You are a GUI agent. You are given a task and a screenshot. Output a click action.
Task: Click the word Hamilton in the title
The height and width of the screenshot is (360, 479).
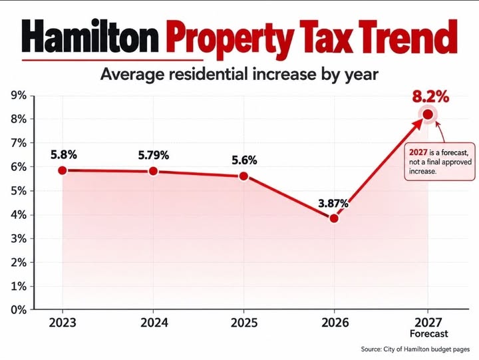click(90, 36)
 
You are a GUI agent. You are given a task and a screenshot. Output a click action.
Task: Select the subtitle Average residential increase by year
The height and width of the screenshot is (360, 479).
click(239, 75)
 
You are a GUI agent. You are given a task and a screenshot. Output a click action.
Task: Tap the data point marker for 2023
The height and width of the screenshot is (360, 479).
click(63, 170)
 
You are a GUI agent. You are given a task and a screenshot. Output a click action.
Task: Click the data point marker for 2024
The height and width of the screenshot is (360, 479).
click(154, 171)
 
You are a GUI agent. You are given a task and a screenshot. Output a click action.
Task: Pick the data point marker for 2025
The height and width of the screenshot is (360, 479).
click(243, 176)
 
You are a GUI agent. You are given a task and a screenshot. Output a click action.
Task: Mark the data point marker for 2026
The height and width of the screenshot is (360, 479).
click(334, 218)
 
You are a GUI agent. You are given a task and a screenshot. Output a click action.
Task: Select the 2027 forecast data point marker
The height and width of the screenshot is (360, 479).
click(428, 114)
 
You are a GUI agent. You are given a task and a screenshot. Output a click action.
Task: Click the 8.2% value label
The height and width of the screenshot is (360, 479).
click(430, 96)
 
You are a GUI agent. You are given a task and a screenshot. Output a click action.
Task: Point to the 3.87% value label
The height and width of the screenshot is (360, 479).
click(333, 203)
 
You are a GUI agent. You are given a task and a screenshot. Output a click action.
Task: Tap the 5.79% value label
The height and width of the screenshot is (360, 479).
click(154, 155)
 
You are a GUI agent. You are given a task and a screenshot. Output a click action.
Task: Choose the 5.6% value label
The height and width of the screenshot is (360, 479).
click(244, 160)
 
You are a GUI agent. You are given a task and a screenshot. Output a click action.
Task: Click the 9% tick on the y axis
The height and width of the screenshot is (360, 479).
click(19, 96)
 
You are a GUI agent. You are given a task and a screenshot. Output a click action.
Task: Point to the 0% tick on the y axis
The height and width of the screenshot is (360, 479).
click(19, 310)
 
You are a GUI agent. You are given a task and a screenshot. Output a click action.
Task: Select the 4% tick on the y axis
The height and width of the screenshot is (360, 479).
click(19, 215)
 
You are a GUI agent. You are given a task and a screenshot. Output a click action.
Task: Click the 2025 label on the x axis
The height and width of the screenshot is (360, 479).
click(243, 323)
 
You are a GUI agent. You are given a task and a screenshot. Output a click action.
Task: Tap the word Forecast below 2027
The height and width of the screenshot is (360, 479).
click(428, 334)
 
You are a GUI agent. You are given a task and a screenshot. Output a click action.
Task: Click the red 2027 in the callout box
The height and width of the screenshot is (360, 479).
click(418, 152)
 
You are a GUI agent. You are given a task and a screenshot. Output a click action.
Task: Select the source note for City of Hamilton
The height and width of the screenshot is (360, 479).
click(415, 349)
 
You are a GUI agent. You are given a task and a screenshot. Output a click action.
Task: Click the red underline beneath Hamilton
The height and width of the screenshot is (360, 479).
click(112, 60)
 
